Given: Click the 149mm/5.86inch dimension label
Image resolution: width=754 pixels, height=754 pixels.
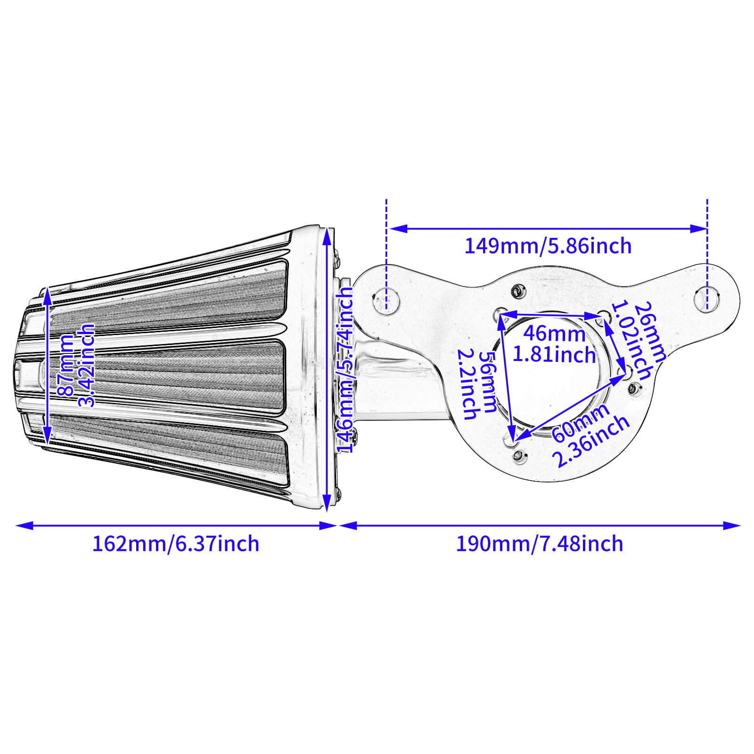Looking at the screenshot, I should tap(548, 246).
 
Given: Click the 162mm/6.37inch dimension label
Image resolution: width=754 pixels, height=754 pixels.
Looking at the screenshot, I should tap(175, 544).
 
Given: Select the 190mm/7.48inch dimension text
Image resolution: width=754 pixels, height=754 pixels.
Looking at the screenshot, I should tap(539, 544).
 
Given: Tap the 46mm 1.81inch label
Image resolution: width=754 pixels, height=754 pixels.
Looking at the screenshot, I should tap(554, 344).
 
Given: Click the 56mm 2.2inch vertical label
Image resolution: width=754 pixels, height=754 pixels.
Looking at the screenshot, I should tap(477, 384).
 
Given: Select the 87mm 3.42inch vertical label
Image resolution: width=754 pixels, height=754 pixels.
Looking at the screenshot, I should tap(75, 365).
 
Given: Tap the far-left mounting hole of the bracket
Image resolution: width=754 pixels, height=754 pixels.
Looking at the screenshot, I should tap(386, 300).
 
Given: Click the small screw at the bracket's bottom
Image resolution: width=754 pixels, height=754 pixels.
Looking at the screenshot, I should tap(518, 456).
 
